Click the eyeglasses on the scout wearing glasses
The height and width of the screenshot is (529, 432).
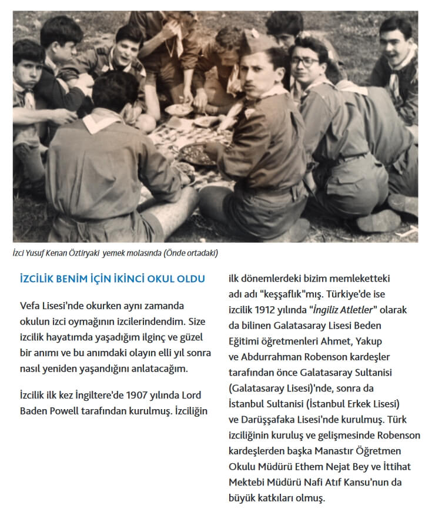pyautogui.click(x=305, y=61)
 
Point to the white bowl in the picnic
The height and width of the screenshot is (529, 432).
pyautogui.click(x=178, y=110)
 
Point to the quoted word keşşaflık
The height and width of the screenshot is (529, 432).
pyautogui.click(x=276, y=293)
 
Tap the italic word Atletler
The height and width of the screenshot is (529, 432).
pyautogui.click(x=355, y=309)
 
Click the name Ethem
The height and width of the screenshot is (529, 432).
pyautogui.click(x=311, y=467)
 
